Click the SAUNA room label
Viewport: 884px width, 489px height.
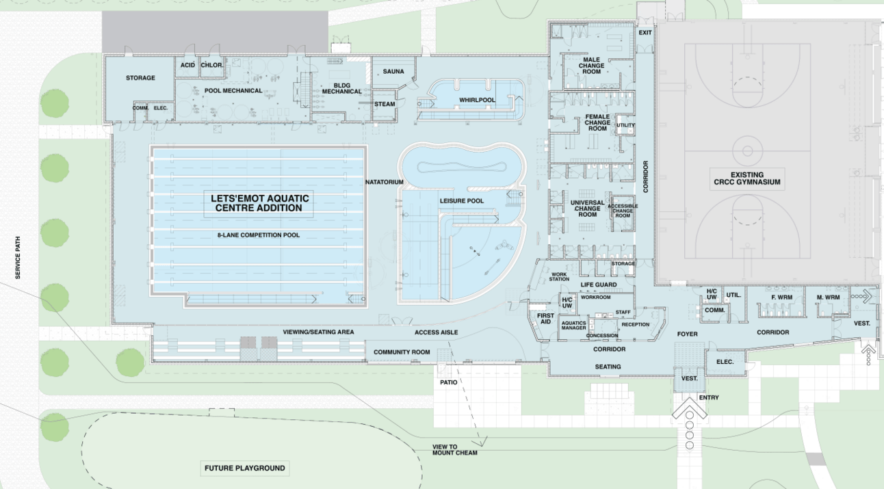coord(393,71)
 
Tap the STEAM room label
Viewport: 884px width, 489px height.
coord(385,104)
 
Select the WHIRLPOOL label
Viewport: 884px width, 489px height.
coord(477,101)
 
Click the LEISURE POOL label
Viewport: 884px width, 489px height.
coord(461,201)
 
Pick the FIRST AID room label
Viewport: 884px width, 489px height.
coord(545,318)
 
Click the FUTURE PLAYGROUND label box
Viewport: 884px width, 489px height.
coord(244,468)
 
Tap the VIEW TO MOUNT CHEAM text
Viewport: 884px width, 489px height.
coord(454,450)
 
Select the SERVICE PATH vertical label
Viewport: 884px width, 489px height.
coord(18,258)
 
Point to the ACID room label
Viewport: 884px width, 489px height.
coord(187,65)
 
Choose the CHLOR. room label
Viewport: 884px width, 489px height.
coord(211,65)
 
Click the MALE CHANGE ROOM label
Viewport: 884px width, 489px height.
coord(591,66)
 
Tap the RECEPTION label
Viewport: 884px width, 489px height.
coord(635,325)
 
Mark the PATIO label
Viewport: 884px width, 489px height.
coord(449,382)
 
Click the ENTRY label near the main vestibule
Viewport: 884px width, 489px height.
coord(708,397)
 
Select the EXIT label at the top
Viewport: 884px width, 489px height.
coord(645,33)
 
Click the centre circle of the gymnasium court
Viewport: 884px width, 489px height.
coord(746,149)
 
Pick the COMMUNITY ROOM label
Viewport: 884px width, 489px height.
coord(401,352)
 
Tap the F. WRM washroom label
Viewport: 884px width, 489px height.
coord(781,298)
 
